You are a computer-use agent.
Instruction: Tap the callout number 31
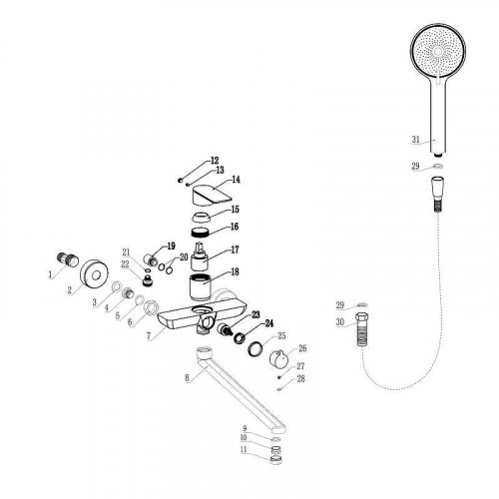pyautogui.click(x=416, y=139)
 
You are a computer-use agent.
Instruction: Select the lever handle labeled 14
pyautogui.click(x=212, y=196)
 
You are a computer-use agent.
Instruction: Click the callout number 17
pyautogui.click(x=235, y=249)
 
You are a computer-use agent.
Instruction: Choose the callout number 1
pyautogui.click(x=50, y=274)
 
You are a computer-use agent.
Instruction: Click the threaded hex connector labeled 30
pyautogui.click(x=362, y=330)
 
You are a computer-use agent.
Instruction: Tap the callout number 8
pyautogui.click(x=188, y=377)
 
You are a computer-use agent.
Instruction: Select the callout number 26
pyautogui.click(x=302, y=348)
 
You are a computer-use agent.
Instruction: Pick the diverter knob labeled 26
pyautogui.click(x=278, y=359)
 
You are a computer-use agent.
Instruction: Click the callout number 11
pyautogui.click(x=244, y=449)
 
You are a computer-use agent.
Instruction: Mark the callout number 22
pyautogui.click(x=125, y=264)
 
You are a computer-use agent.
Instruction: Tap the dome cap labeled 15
pyautogui.click(x=202, y=217)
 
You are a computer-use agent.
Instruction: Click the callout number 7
pyautogui.click(x=149, y=336)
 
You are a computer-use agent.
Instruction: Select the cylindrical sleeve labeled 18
pyautogui.click(x=202, y=286)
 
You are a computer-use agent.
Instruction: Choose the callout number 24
pyautogui.click(x=269, y=323)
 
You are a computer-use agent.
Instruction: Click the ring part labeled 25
pyautogui.click(x=255, y=348)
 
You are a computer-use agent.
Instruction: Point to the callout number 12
pyautogui.click(x=215, y=161)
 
